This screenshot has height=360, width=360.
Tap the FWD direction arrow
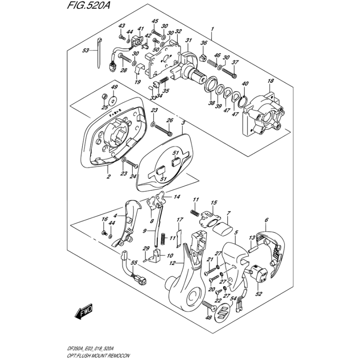pos(84,310)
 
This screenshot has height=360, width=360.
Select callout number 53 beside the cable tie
pos(86,51)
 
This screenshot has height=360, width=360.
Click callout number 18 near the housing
pos(270,81)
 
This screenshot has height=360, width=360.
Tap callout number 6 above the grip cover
pos(266,220)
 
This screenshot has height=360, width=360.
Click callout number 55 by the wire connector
pos(121,262)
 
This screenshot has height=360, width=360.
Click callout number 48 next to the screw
pos(208,318)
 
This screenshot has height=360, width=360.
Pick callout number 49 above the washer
pos(102,87)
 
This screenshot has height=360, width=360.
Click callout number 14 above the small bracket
pos(177,197)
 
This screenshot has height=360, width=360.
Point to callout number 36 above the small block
pos(203,43)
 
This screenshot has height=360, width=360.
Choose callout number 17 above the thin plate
pos(179,220)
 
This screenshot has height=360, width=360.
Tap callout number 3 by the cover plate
pos(183,122)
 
